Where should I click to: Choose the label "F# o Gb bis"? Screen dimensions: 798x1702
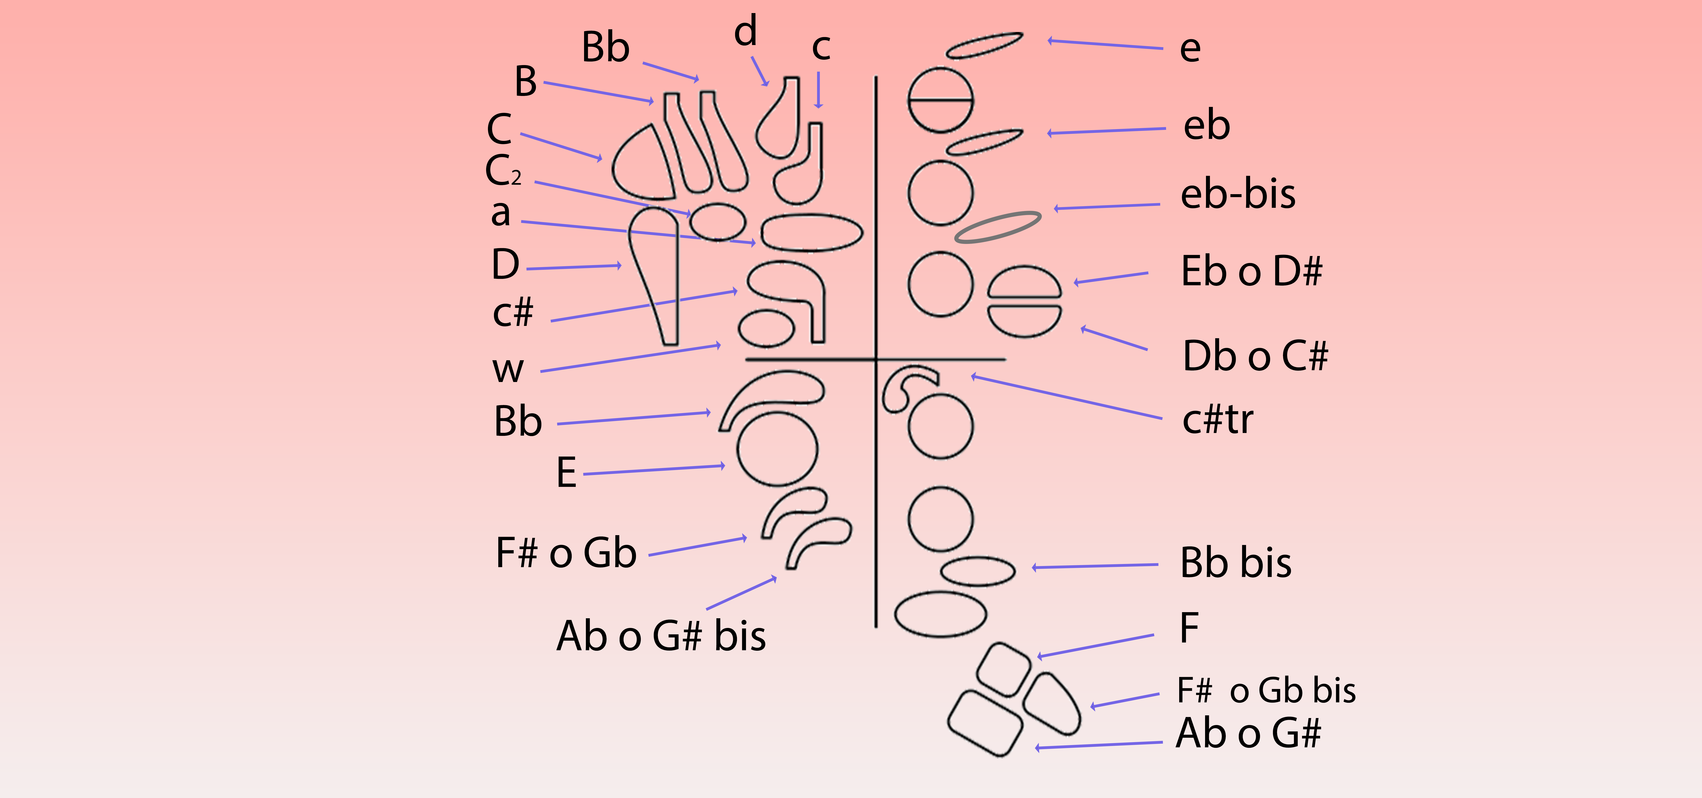coord(1266,691)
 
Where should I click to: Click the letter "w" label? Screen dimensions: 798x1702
coord(508,370)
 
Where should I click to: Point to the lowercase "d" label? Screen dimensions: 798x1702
coord(745,32)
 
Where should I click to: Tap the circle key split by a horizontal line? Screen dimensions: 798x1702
coord(940,100)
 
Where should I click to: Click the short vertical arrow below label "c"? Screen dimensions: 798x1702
coord(819,89)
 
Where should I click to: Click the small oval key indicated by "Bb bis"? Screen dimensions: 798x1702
coord(977,571)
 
